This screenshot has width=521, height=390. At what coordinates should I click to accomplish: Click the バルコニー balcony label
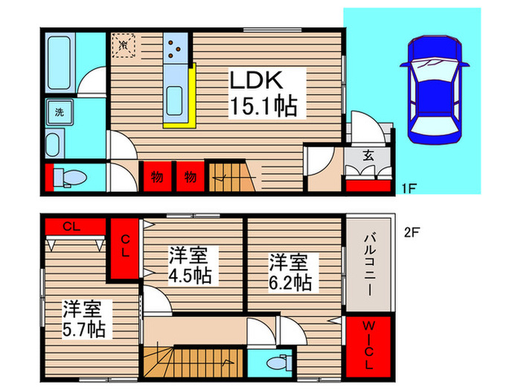click(x=369, y=264)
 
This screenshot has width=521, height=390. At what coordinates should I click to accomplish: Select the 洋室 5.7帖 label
click(x=83, y=318)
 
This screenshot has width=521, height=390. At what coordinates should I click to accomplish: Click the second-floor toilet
click(x=278, y=364)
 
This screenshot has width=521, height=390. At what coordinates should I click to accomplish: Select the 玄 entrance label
click(x=368, y=155)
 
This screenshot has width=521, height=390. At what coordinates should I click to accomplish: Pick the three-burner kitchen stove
click(x=176, y=50)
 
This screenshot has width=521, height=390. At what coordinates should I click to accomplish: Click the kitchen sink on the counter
click(x=176, y=98)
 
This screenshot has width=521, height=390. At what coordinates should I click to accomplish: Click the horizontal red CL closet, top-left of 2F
click(x=74, y=226)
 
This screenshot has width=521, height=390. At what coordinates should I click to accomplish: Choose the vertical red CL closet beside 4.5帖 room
click(x=124, y=249)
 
